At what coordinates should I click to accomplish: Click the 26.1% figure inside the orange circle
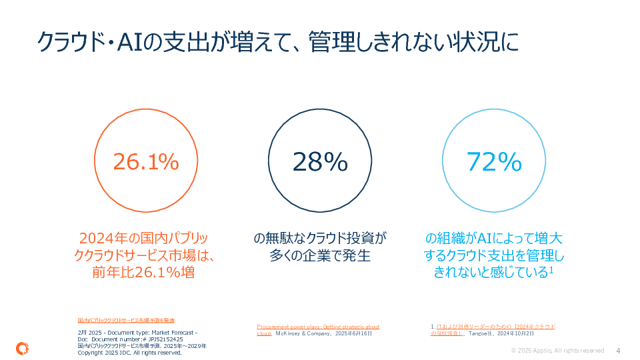[x=145, y=161]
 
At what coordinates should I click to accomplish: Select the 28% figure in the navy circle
[x=320, y=161]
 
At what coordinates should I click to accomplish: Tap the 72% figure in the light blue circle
[x=494, y=161]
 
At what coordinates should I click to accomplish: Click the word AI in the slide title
[x=130, y=42]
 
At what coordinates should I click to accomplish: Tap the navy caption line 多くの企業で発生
[x=320, y=255]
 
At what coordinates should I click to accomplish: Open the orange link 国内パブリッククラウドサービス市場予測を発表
[x=126, y=321]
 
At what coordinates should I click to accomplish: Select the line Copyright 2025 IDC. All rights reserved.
[x=129, y=353]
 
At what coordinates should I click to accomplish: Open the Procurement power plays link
[x=317, y=327]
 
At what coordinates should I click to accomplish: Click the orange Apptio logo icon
[x=21, y=347]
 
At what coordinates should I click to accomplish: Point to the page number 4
[x=618, y=351]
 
